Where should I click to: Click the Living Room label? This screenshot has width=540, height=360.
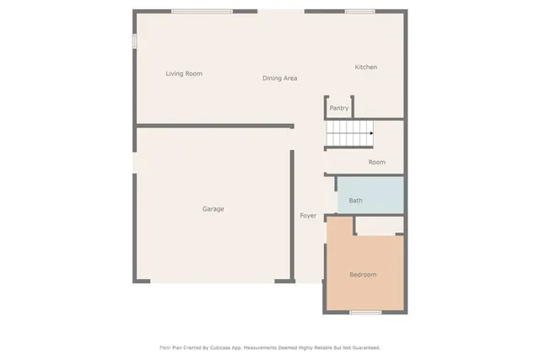[183, 74]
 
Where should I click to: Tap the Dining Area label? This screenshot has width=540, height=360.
[279, 78]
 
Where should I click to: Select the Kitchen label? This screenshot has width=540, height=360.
[365, 67]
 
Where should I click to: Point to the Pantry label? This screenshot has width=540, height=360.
[338, 108]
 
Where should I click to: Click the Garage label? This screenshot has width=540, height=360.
[213, 209]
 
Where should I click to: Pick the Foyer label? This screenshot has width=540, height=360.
[308, 216]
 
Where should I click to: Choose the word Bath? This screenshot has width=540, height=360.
[355, 201]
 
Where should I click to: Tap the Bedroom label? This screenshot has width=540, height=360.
[363, 275]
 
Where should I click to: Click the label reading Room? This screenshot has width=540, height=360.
[376, 162]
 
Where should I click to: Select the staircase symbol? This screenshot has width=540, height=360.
[349, 133]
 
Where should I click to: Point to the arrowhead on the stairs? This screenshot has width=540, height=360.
[371, 133]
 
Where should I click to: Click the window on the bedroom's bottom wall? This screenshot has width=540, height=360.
[365, 313]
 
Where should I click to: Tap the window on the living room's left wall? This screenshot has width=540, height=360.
[133, 41]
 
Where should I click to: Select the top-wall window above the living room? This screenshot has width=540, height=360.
[202, 11]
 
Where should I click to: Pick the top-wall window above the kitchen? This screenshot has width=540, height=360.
[359, 11]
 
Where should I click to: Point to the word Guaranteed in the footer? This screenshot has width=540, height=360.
[363, 347]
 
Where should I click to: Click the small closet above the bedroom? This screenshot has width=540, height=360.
[379, 225]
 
